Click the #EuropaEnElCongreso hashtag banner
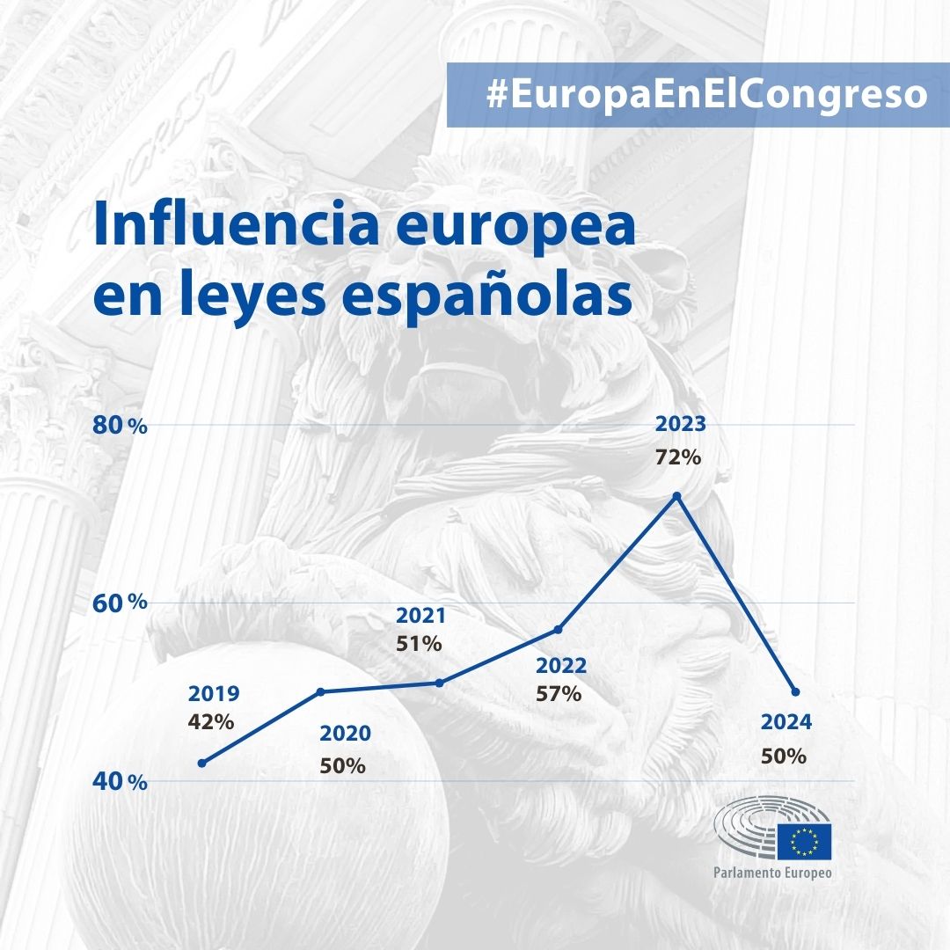pos(698,95)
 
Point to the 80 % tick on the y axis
pos(120,425)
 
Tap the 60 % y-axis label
pos(120,603)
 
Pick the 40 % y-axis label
pos(120,781)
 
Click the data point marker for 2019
pos(202,763)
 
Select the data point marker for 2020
pos(321,691)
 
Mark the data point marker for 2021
pos(439,683)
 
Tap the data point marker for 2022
pos(558,629)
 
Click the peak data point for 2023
pos(676,496)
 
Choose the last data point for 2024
pos(795,691)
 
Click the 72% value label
pos(678,457)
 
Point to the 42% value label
pos(211,722)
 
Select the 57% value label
pos(559,693)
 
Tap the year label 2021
pos(420,616)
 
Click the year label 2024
pos(786,723)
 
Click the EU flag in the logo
pos(803,840)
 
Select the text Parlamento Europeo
pos(773,873)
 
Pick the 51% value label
pos(419,644)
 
